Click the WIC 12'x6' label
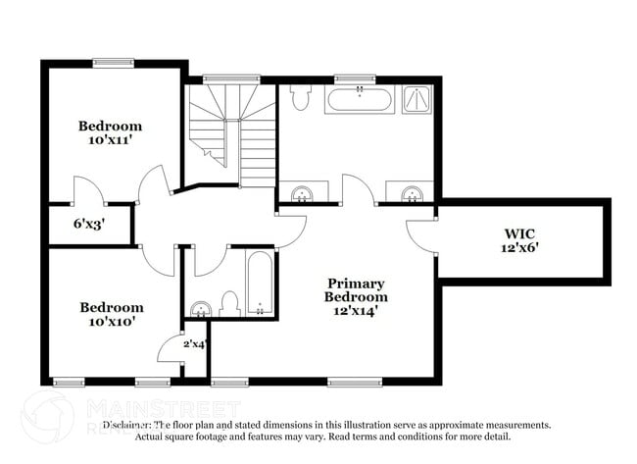(520, 241)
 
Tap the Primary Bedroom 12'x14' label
(357, 296)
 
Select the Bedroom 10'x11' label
(110, 132)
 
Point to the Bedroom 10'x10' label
(110, 314)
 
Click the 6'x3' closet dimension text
(89, 224)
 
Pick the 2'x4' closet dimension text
(196, 343)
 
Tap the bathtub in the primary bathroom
(360, 99)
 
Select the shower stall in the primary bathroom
(417, 99)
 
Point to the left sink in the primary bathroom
(304, 192)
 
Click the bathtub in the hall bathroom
(260, 284)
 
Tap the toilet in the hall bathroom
(230, 304)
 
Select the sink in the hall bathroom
(200, 309)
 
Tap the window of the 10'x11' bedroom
(114, 64)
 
